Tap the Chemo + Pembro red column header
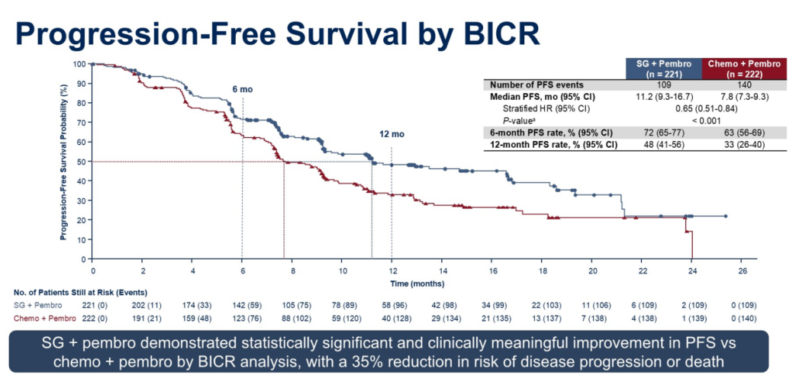tap(744, 69)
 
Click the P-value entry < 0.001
tap(701, 120)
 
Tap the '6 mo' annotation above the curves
tap(242, 89)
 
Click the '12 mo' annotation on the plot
tap(391, 135)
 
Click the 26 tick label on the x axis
tap(743, 271)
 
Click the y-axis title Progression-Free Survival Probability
tap(64, 162)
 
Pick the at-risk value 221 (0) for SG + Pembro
tap(92, 305)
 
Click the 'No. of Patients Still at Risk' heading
tap(80, 292)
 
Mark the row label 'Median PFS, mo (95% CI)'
tap(542, 97)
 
